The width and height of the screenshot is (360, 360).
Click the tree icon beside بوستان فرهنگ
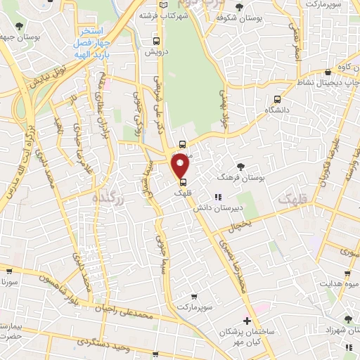coord(241,167)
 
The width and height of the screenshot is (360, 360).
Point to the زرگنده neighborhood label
coord(108,200)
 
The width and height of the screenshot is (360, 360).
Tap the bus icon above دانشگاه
coord(277,99)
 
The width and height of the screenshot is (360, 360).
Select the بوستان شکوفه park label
coord(262,19)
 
